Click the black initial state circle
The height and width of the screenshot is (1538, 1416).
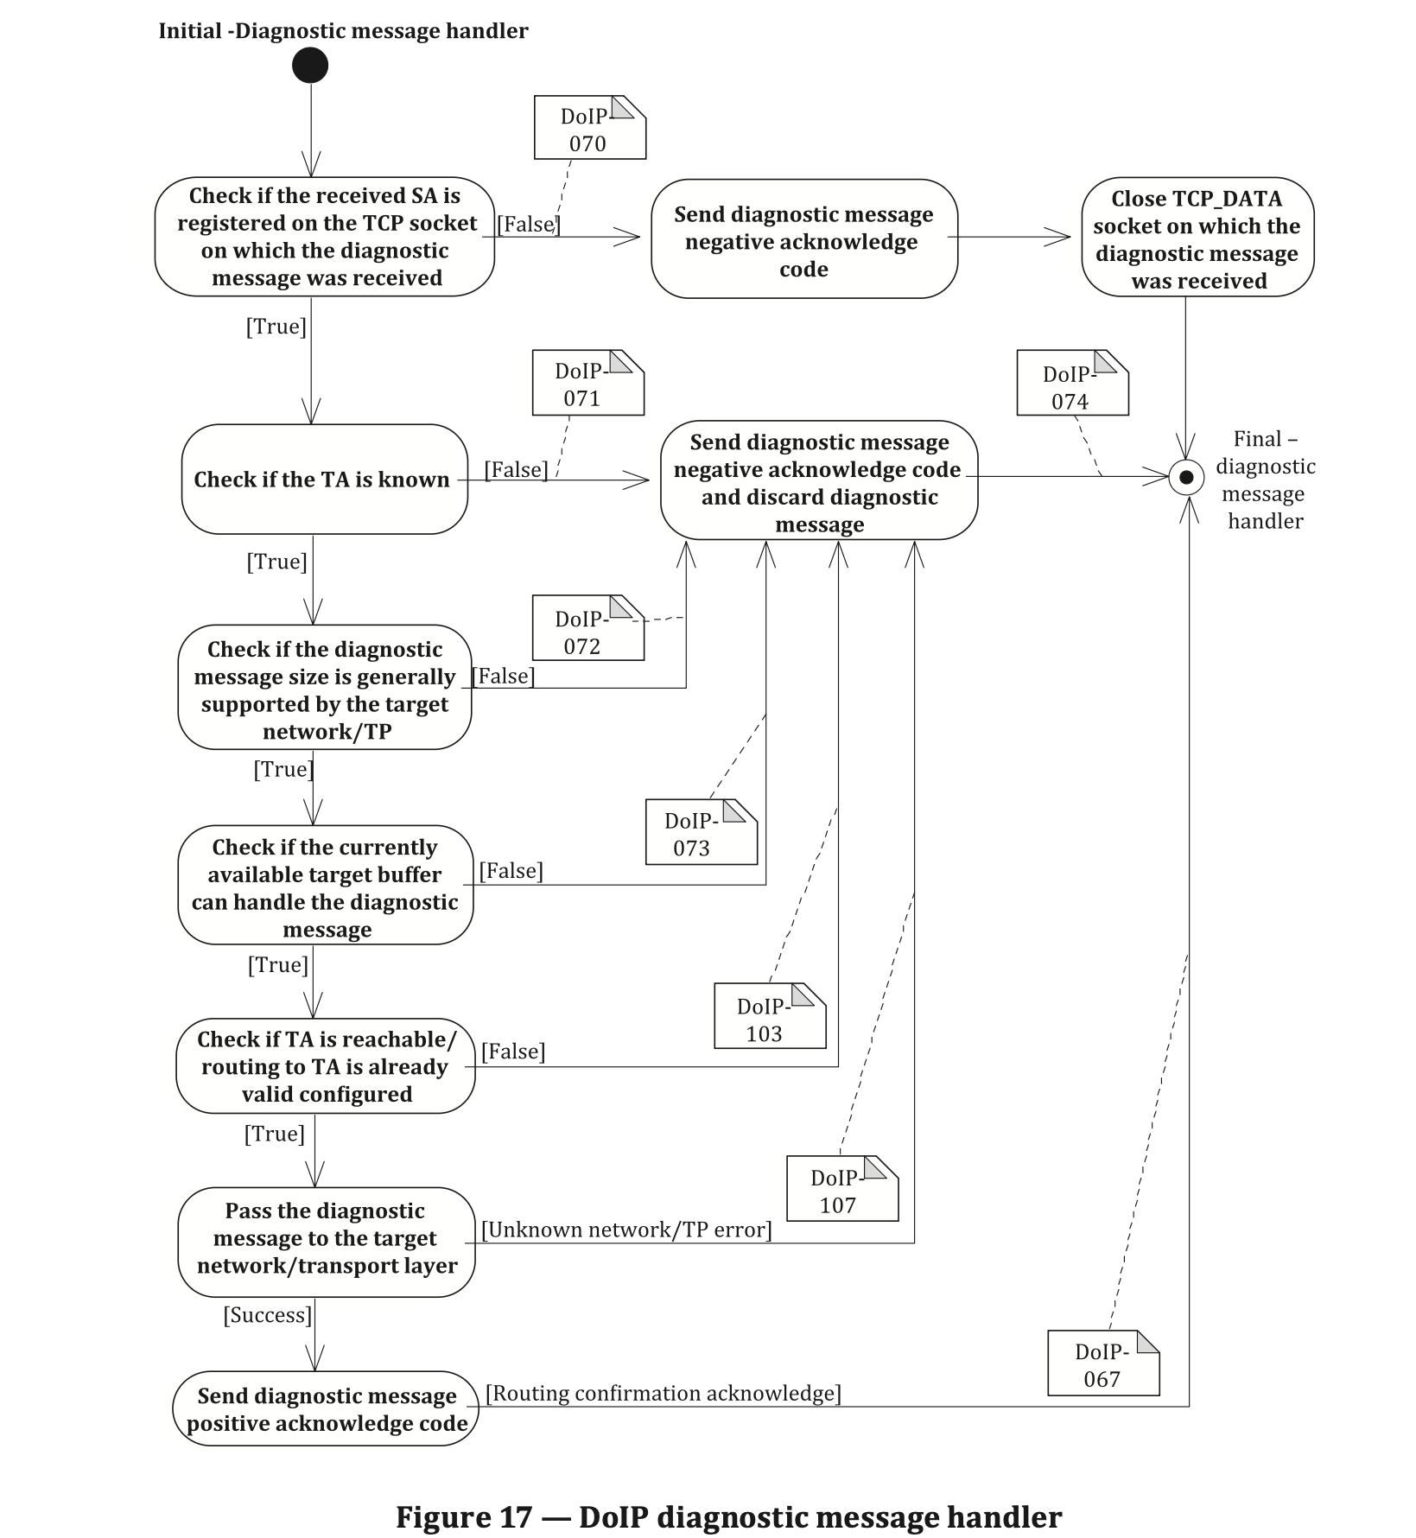[x=310, y=65]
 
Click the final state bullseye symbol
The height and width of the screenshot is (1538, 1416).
[x=1186, y=477]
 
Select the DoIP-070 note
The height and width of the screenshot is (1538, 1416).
[x=590, y=127]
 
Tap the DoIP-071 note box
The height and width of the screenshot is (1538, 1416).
[x=588, y=382]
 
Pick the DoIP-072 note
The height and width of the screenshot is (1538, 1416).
[x=588, y=627]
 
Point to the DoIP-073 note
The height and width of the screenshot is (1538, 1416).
[x=702, y=832]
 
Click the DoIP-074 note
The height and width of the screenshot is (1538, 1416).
[x=1073, y=382]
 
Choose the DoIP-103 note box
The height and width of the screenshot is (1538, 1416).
[x=771, y=1016]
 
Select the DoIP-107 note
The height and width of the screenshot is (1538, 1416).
[x=843, y=1189]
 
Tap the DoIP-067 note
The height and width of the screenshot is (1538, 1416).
[x=1104, y=1363]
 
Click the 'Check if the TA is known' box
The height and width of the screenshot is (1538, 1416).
[x=325, y=479]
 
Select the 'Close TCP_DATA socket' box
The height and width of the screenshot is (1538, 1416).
[x=1197, y=238]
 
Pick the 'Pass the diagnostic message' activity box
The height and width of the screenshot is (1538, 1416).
[x=327, y=1242]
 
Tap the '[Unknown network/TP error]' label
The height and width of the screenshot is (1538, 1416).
[x=626, y=1230]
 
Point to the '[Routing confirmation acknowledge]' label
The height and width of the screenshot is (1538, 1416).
[x=664, y=1393]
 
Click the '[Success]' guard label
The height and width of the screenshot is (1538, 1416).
[x=268, y=1315]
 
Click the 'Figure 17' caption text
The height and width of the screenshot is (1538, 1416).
[x=728, y=1517]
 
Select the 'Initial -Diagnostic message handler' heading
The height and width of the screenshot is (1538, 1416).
[x=343, y=31]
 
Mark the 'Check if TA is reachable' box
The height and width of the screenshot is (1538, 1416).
[x=326, y=1066]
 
